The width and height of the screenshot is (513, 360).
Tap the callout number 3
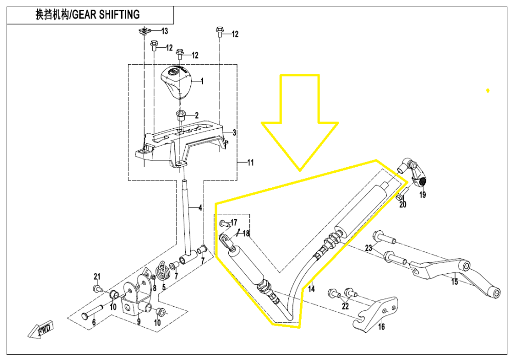click(234, 133)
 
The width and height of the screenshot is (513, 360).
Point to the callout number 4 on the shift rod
click(200, 208)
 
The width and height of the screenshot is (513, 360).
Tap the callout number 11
click(250, 163)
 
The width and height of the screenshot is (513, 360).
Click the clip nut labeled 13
click(145, 32)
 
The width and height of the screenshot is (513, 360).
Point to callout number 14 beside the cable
click(311, 289)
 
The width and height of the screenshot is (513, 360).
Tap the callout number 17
click(234, 223)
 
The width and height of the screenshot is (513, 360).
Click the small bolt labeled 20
click(400, 195)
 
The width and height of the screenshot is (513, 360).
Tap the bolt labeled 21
click(96, 289)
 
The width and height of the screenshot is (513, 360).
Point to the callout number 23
click(368, 248)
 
